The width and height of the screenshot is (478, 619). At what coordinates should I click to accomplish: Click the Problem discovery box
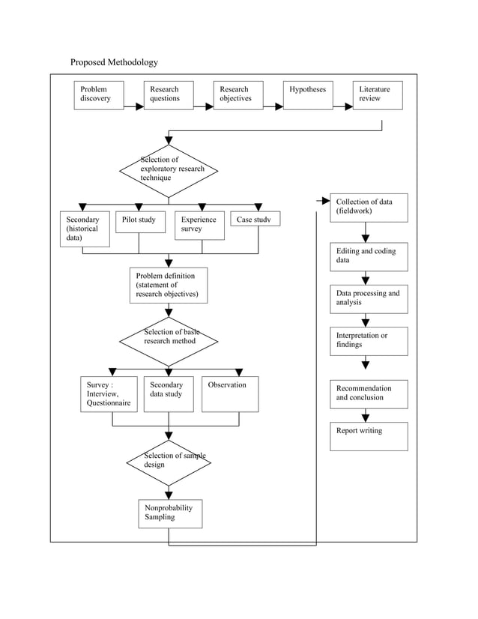pyautogui.click(x=100, y=95)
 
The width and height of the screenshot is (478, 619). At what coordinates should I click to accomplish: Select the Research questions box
pyautogui.click(x=169, y=95)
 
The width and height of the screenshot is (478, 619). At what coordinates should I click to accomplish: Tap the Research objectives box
pyautogui.click(x=238, y=95)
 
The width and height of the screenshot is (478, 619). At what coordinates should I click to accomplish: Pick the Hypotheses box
pyautogui.click(x=308, y=95)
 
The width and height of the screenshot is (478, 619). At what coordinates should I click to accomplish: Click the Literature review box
pyautogui.click(x=378, y=95)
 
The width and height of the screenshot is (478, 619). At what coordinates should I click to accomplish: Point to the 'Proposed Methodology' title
pyautogui.click(x=114, y=62)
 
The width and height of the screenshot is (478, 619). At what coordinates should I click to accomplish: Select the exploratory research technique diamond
pyautogui.click(x=169, y=171)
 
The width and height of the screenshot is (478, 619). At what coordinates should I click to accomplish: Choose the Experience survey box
pyautogui.click(x=200, y=226)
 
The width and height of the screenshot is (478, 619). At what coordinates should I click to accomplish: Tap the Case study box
pyautogui.click(x=255, y=219)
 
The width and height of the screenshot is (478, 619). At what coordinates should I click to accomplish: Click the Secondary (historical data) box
pyautogui.click(x=85, y=229)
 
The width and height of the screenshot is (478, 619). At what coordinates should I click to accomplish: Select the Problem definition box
pyautogui.click(x=169, y=286)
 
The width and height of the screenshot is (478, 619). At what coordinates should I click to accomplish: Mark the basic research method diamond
pyautogui.click(x=169, y=341)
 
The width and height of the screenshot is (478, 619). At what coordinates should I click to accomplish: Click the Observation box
pyautogui.click(x=230, y=394)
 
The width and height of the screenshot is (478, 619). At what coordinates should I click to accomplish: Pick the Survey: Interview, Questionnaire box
pyautogui.click(x=109, y=394)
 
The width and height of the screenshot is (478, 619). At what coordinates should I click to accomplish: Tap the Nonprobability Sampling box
pyautogui.click(x=170, y=514)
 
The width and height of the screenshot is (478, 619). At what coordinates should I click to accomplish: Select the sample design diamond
pyautogui.click(x=169, y=462)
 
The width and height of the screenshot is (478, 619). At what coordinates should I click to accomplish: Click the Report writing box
pyautogui.click(x=369, y=436)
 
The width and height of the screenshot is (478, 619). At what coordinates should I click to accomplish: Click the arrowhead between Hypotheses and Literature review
pyautogui.click(x=348, y=106)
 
